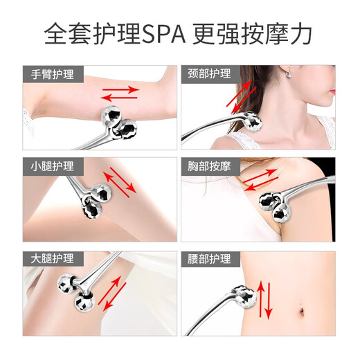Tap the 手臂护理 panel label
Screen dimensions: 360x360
[x=53, y=75]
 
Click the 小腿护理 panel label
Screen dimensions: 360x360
[x=53, y=166]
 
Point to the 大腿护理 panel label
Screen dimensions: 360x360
[x=53, y=258]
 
